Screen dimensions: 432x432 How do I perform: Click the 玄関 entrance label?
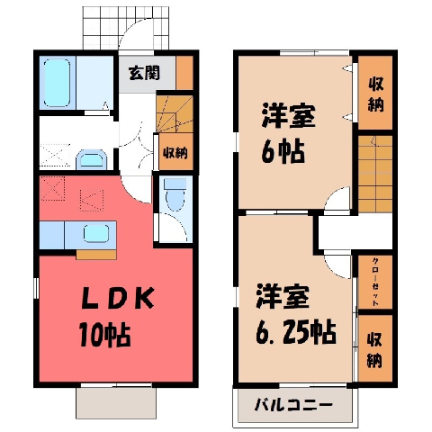pos(144,73)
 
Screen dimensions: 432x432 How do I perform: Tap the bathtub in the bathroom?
pos(57,83)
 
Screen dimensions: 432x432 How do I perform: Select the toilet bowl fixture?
pos(175,194)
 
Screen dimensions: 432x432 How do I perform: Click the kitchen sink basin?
pos(96,234)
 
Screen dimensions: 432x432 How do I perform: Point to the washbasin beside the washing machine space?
pos(92,159)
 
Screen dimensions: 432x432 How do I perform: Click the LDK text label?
pos(118,299)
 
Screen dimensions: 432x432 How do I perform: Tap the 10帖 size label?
pos(104,334)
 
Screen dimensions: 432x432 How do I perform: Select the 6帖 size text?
pos(283,151)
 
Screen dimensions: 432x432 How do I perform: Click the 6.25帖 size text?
pos(295,331)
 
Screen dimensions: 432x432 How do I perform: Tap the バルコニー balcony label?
pos(293,406)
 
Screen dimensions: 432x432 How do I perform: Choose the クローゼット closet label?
pos(375,282)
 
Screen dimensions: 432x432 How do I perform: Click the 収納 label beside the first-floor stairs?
pos(175,153)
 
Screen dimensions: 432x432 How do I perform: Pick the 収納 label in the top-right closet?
pos(376,94)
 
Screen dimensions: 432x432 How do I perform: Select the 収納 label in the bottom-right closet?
pos(374,349)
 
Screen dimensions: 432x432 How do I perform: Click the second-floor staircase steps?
pos(375,174)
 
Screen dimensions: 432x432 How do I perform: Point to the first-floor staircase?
pos(175,114)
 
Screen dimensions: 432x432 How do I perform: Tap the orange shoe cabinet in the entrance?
pos(184,73)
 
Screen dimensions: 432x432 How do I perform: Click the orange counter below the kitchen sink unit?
pos(96,255)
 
